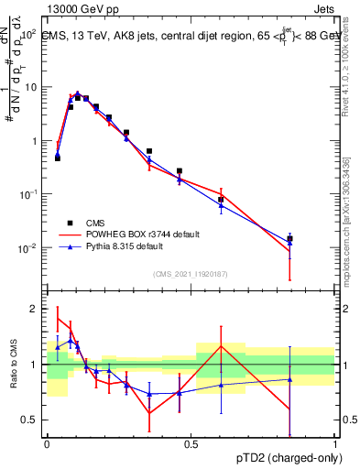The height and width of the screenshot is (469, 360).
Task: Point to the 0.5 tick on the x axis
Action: (x=191, y=443)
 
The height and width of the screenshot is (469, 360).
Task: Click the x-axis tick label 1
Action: (x=334, y=443)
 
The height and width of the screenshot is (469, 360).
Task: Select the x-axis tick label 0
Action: (x=47, y=443)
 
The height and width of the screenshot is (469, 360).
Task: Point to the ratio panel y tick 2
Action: (x=34, y=309)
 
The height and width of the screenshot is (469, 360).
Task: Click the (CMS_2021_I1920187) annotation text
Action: (x=191, y=273)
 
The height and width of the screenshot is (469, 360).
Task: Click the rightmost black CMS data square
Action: (x=289, y=238)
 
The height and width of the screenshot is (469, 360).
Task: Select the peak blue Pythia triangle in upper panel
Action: (x=78, y=93)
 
